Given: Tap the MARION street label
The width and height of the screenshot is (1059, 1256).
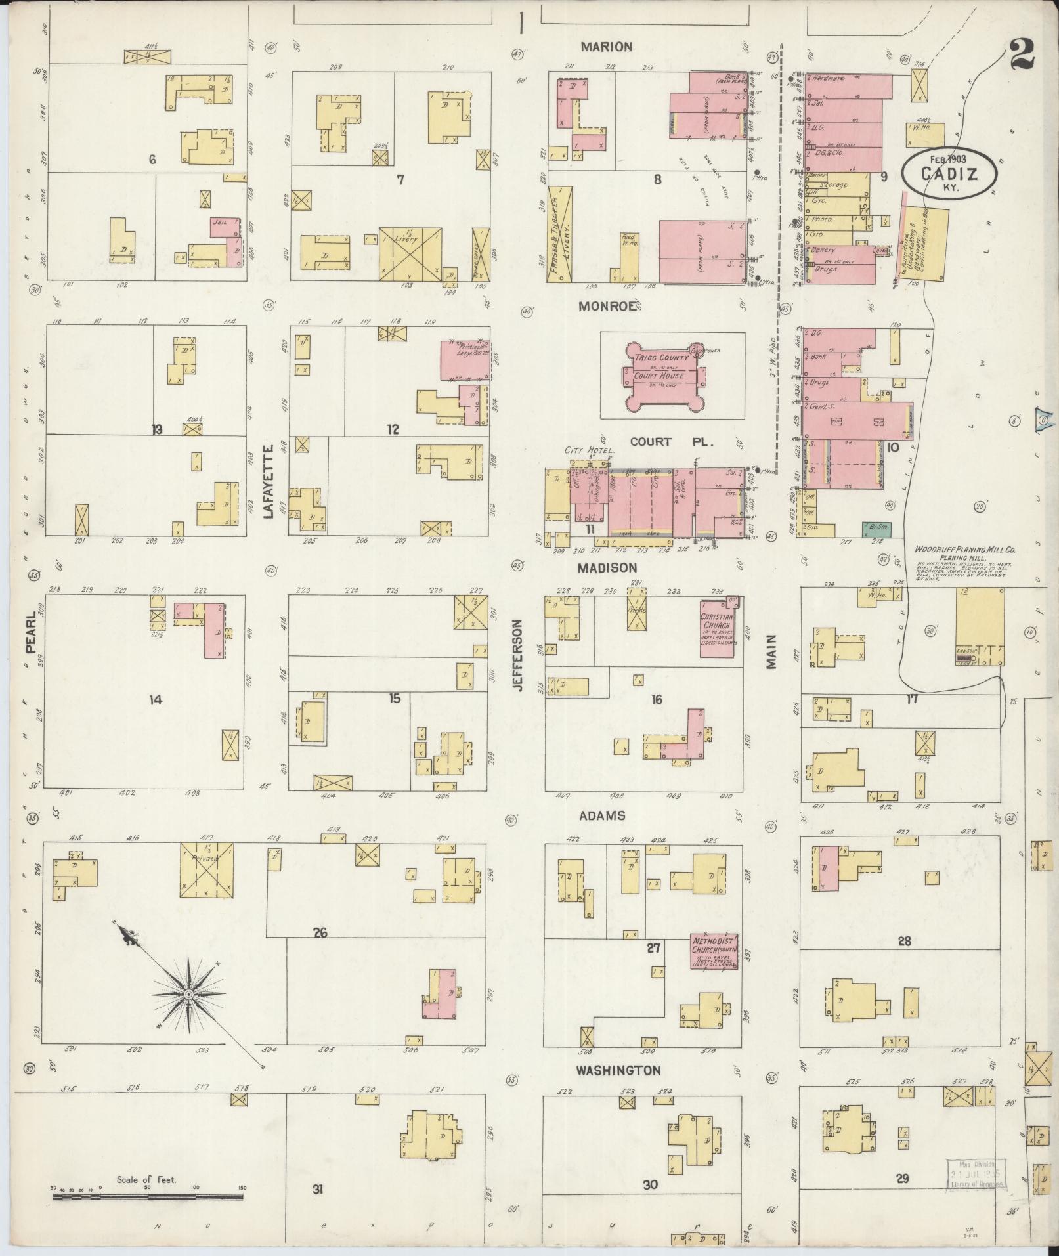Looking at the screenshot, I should (x=606, y=47).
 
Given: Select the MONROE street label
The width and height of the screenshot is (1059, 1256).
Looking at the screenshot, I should (x=608, y=306).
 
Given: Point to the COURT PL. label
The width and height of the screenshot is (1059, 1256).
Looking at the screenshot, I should (x=660, y=442).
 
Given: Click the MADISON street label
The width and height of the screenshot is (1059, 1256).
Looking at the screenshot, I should (x=607, y=567).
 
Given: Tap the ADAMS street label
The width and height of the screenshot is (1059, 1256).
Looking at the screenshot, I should (x=601, y=816).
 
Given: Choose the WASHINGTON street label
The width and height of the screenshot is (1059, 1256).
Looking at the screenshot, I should (x=618, y=1071).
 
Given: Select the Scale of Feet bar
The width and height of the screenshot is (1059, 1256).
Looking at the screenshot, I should (x=147, y=1197).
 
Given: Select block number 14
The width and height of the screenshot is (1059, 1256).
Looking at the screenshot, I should (x=155, y=700).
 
